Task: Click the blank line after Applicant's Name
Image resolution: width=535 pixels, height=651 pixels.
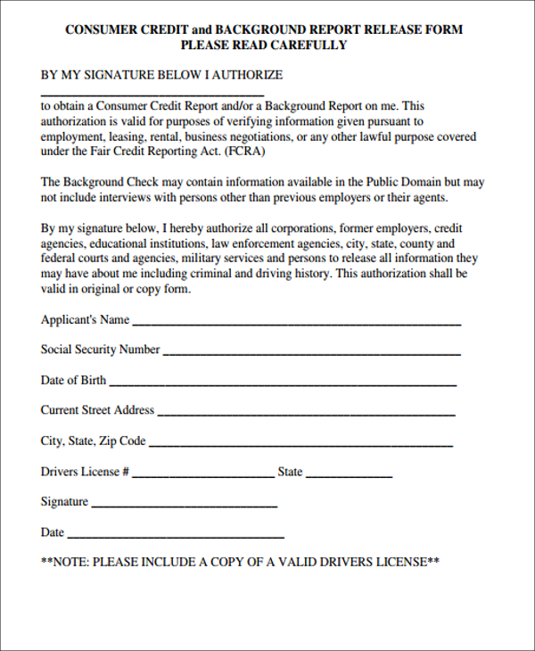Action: (296, 322)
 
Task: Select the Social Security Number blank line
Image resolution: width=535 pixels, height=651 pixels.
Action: (311, 352)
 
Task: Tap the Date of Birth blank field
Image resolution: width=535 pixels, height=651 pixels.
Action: (283, 383)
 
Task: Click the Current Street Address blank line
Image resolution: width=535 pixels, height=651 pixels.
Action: (306, 413)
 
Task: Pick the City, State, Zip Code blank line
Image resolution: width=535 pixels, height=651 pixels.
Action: (300, 443)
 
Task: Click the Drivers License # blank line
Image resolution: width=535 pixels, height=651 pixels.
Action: (204, 474)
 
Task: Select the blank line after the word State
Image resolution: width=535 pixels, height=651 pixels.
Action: (350, 474)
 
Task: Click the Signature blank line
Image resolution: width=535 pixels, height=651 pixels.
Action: (185, 505)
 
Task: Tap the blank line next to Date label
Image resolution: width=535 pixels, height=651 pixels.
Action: (176, 535)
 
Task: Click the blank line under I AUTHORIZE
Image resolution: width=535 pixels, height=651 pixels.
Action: (152, 94)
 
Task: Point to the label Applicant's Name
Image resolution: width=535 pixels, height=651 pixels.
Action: (85, 319)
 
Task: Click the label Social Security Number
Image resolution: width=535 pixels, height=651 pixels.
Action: (100, 350)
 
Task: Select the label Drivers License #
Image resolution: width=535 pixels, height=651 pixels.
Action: (86, 472)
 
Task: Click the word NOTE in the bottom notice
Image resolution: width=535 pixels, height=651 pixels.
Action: (71, 563)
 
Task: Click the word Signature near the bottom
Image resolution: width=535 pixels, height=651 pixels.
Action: (64, 502)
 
